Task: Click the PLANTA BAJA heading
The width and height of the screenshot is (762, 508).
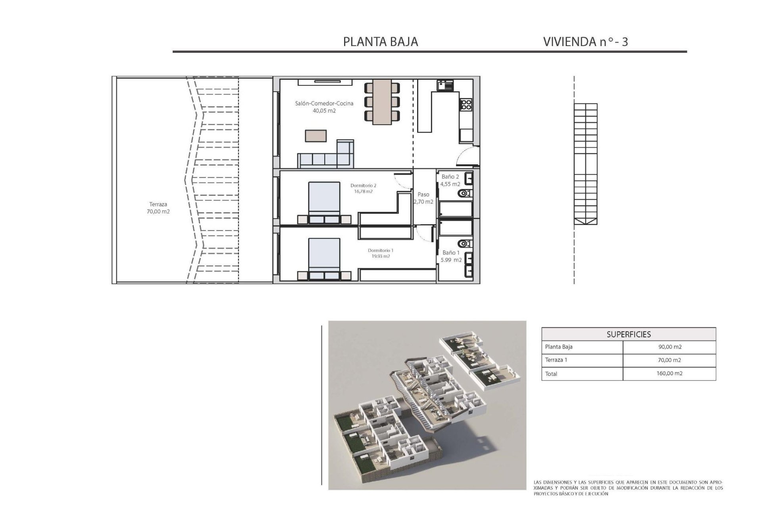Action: (x=380, y=42)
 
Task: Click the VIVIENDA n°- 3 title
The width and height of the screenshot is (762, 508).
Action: (x=585, y=42)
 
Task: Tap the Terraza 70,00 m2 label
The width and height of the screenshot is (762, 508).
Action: (x=158, y=208)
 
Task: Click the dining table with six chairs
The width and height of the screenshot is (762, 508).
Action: (x=382, y=101)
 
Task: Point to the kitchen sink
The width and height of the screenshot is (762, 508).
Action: (x=445, y=85)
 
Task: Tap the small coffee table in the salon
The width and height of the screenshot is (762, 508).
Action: (x=316, y=136)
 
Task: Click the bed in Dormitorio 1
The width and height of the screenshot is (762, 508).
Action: (x=324, y=256)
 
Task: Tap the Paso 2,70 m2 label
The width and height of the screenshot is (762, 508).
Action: (x=423, y=198)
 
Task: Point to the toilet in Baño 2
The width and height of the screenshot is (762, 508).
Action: (x=463, y=193)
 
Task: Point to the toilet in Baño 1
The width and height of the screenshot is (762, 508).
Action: (x=463, y=243)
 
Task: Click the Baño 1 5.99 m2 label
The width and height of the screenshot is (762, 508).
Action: (x=452, y=256)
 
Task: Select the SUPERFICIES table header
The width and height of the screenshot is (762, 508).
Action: (x=628, y=334)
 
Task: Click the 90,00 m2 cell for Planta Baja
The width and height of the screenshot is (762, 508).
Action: (x=670, y=347)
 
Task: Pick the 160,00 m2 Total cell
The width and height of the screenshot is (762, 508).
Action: (x=670, y=373)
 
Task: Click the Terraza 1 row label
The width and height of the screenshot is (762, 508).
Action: (x=556, y=360)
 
